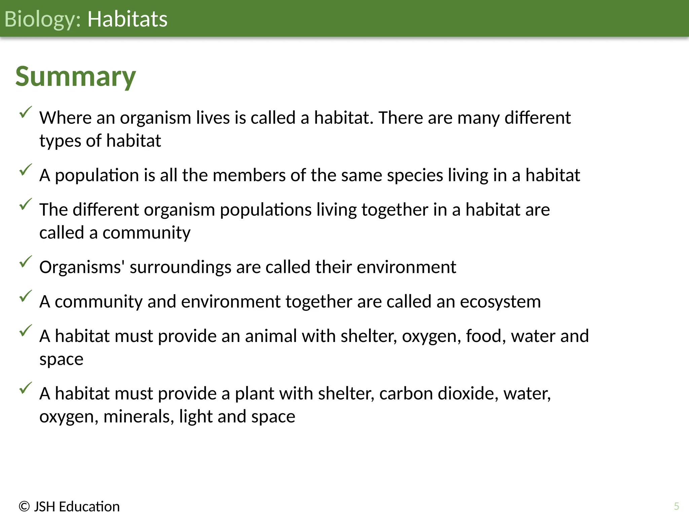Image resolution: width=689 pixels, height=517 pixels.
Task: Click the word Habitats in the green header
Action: [x=127, y=19]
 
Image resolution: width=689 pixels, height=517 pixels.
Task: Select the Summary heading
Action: [x=76, y=77]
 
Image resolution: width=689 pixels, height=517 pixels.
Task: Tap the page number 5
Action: [x=677, y=506]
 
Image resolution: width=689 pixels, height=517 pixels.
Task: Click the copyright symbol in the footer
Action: [x=24, y=507]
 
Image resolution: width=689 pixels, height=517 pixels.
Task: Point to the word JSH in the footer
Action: [x=44, y=507]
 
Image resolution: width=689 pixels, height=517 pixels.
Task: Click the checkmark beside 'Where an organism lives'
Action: [x=26, y=112]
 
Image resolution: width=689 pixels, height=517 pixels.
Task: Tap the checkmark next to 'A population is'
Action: [x=26, y=170]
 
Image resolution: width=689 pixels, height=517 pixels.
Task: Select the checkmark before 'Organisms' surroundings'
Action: [x=26, y=262]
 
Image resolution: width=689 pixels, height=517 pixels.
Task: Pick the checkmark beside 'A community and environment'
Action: [x=26, y=296]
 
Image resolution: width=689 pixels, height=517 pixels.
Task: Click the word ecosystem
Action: [x=500, y=302]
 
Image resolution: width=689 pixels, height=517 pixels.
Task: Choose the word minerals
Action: [x=139, y=417]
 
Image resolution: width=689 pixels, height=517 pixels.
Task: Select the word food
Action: [x=485, y=336]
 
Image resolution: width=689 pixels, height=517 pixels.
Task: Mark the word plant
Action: [x=254, y=394]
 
